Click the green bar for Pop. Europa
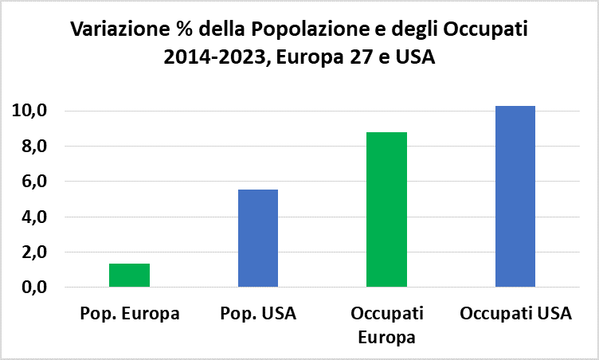click(x=129, y=275)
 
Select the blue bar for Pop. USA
click(x=258, y=238)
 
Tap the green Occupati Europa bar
click(x=386, y=209)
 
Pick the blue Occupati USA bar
click(x=515, y=196)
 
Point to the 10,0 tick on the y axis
click(x=29, y=111)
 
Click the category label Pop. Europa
click(x=130, y=313)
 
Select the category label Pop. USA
click(x=258, y=313)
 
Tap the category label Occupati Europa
click(x=387, y=323)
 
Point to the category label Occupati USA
click(x=515, y=313)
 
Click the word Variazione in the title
click(x=114, y=30)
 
